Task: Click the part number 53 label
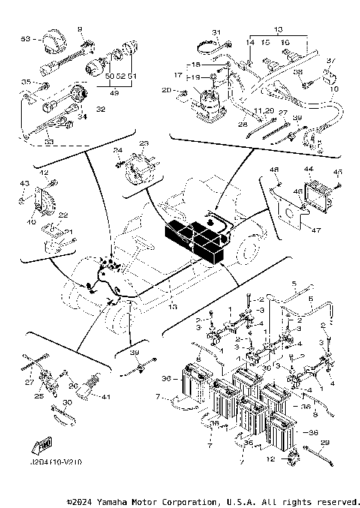click(25, 38)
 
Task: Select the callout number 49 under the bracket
click(115, 93)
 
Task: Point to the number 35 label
click(25, 82)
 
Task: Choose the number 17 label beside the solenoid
click(178, 75)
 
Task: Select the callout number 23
click(144, 143)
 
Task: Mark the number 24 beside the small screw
click(118, 150)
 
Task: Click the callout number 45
click(337, 170)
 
